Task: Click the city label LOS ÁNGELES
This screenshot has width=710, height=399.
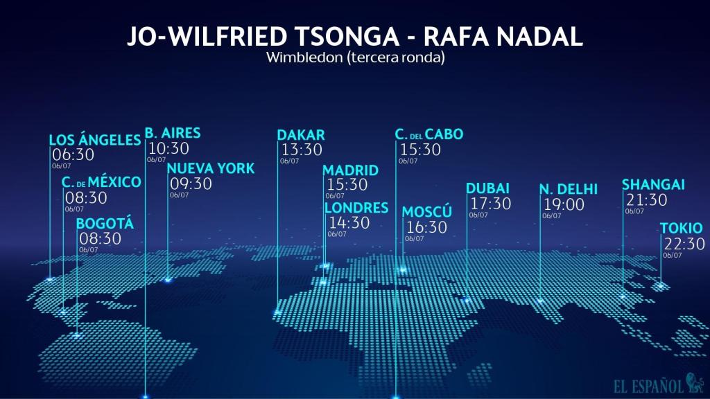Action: (x=95, y=141)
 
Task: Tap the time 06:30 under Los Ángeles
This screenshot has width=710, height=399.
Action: (x=73, y=155)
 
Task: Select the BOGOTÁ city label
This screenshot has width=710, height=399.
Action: (x=105, y=224)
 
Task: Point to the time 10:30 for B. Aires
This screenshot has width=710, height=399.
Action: (x=168, y=148)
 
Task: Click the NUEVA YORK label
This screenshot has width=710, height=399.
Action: (x=211, y=168)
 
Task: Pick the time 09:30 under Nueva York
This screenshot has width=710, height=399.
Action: (x=191, y=184)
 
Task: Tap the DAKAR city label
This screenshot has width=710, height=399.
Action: (x=301, y=135)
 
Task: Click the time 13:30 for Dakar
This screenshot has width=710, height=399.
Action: (x=302, y=150)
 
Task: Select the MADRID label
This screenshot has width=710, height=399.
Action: (x=351, y=170)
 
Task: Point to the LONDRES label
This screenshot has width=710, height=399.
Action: (x=356, y=208)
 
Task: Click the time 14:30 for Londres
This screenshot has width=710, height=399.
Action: (x=349, y=223)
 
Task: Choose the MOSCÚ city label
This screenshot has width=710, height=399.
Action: (x=427, y=212)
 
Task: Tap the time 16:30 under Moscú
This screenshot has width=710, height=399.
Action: (x=426, y=227)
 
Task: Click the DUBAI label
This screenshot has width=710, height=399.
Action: (x=487, y=188)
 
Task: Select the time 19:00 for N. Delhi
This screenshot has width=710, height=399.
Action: (x=564, y=205)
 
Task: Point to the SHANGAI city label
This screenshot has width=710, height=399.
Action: (x=653, y=185)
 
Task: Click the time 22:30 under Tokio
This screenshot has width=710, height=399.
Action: (x=684, y=244)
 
